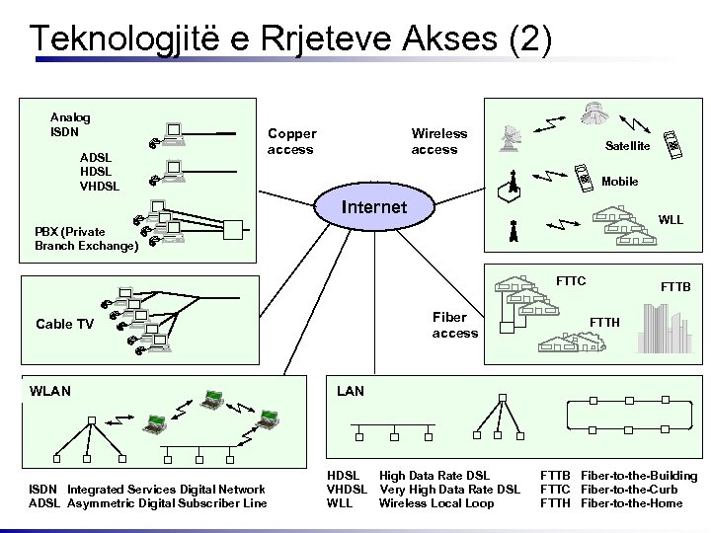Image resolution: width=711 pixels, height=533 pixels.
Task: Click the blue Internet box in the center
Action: (373, 207)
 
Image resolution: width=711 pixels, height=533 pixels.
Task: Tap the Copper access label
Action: (291, 141)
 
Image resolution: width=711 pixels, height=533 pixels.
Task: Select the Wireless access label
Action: (438, 141)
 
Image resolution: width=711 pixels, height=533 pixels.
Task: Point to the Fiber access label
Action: (454, 325)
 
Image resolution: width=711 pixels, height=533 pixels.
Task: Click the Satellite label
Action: (627, 146)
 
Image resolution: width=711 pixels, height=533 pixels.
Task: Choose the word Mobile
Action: (619, 182)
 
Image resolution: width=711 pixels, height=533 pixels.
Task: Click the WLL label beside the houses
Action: (671, 219)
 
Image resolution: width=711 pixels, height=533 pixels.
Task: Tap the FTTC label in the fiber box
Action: (571, 281)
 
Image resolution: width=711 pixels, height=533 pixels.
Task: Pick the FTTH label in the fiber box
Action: (604, 322)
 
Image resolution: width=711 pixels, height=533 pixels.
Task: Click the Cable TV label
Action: (64, 325)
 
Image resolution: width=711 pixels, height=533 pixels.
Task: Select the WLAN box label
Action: (50, 391)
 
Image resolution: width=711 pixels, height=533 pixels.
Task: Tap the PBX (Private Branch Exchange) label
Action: (86, 239)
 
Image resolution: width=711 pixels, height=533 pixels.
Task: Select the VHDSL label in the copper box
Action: (99, 186)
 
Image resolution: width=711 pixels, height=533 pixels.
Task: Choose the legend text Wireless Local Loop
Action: (436, 503)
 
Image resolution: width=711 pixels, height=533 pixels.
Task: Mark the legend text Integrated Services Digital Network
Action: (166, 490)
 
